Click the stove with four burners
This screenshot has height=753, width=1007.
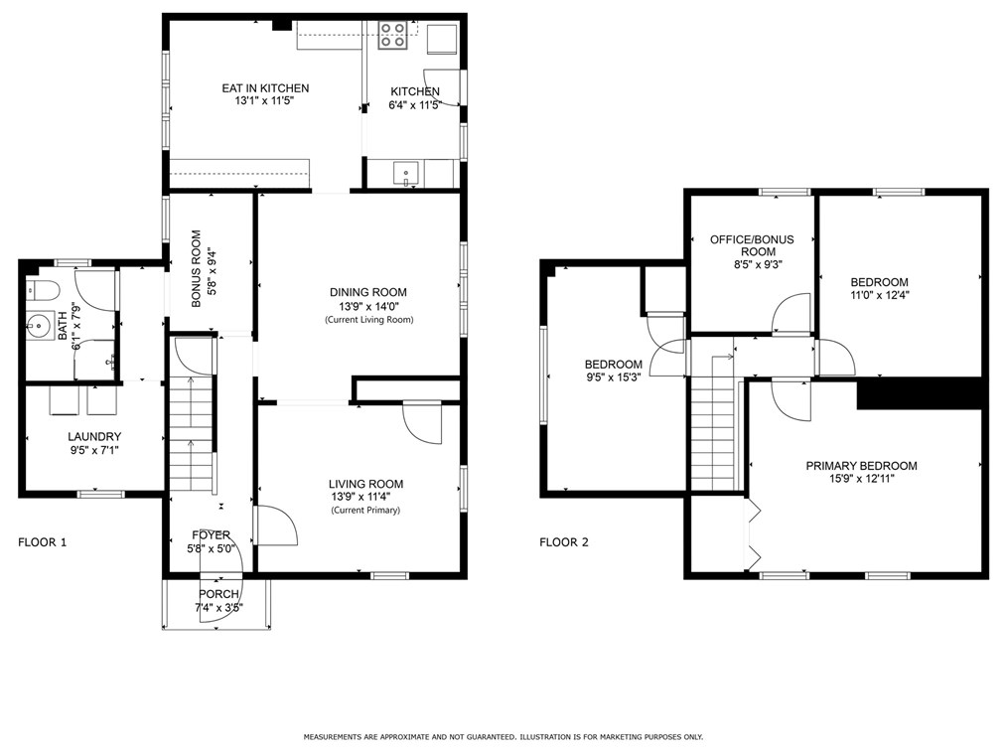392,36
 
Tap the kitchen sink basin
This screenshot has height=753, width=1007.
406,174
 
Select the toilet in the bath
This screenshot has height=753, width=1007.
43,290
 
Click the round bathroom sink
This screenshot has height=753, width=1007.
40,326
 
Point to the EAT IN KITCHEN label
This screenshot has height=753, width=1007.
265,88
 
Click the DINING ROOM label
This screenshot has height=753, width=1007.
368,292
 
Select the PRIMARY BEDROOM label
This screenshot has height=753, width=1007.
861,466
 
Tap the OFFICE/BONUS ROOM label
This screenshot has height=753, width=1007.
752,245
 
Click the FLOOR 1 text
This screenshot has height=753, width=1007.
43,542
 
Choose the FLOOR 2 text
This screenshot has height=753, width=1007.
564,542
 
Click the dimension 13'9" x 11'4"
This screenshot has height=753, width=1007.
360,497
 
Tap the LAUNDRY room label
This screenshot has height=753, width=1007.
94,437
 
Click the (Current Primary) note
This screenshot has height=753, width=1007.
365,511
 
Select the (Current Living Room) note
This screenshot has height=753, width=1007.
368,319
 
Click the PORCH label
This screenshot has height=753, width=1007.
219,594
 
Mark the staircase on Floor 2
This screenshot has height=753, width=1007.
712,423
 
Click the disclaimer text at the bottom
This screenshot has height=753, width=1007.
503,737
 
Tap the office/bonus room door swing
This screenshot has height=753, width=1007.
791,314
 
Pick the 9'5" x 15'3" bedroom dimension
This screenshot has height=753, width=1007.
614,377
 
